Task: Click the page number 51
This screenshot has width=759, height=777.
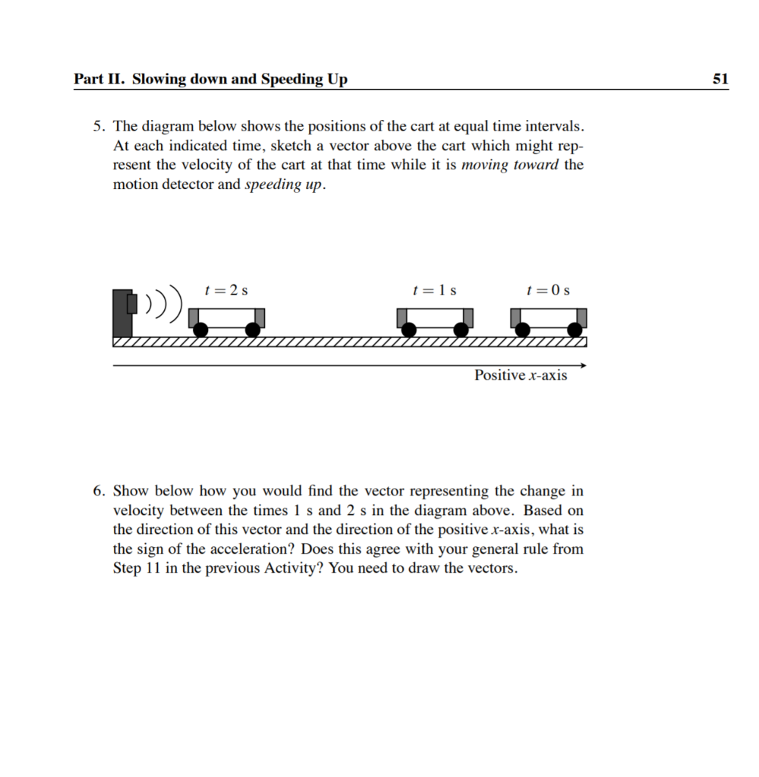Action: click(720, 79)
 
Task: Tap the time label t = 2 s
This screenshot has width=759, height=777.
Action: click(225, 290)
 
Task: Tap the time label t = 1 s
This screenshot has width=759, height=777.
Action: click(434, 290)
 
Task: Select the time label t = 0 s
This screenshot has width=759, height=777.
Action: click(548, 290)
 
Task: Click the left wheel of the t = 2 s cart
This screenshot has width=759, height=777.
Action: click(201, 329)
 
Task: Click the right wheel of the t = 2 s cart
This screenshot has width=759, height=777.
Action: click(254, 329)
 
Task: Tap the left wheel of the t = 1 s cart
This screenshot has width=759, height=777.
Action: click(409, 329)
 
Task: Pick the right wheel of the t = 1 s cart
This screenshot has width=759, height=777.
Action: click(461, 329)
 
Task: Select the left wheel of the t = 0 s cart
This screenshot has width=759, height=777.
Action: click(523, 329)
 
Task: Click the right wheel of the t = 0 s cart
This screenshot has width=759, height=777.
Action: click(575, 329)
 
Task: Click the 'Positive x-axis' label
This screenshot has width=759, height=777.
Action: click(521, 376)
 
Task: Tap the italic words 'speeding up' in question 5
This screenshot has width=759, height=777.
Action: click(285, 185)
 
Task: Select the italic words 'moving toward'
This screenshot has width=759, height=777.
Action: click(510, 165)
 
